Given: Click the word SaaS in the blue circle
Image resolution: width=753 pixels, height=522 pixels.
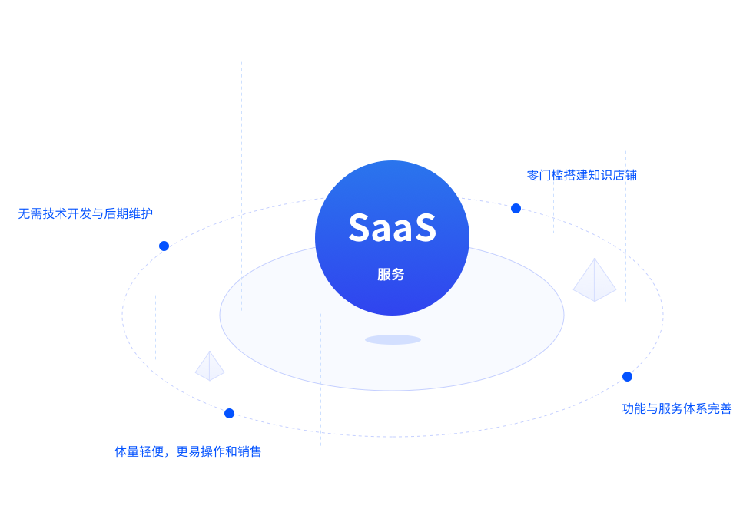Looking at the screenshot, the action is click(x=393, y=227).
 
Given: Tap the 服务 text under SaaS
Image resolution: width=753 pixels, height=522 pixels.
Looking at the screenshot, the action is click(x=391, y=275).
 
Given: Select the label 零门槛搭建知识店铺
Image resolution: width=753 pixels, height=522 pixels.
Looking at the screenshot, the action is click(x=582, y=175).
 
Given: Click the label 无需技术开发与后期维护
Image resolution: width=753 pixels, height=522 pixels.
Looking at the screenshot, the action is click(x=85, y=213).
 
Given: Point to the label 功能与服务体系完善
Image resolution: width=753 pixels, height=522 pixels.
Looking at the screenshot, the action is click(x=677, y=408).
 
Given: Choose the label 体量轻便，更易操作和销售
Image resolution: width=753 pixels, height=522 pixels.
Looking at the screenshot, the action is click(x=187, y=451).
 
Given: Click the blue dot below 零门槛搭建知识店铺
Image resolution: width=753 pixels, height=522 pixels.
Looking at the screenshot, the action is click(x=516, y=208).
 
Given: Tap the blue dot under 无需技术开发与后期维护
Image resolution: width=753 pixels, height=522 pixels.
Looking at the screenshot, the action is click(x=164, y=246).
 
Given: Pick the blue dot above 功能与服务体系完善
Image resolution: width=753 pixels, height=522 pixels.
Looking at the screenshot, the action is click(x=627, y=377).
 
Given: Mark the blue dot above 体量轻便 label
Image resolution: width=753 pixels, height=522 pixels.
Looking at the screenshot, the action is click(x=230, y=414).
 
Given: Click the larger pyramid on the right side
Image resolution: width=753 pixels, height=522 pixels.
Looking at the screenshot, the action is click(x=595, y=281).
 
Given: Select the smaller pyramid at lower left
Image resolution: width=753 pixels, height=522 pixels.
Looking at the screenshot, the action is click(x=210, y=367).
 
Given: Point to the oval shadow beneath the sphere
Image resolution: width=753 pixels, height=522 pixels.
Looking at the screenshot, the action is click(x=393, y=339).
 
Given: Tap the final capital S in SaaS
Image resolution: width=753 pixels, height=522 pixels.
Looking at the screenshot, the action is click(x=426, y=227).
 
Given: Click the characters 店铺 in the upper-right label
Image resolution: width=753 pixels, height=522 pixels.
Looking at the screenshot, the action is click(x=625, y=175).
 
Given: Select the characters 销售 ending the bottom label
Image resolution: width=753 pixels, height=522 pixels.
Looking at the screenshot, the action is click(x=249, y=451).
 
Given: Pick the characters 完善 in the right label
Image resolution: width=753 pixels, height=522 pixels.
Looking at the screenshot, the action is click(x=719, y=408).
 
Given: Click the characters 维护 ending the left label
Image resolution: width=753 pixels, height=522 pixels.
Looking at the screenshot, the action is click(x=141, y=213).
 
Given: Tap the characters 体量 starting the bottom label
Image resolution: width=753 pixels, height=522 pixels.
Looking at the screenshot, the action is click(x=127, y=451).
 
